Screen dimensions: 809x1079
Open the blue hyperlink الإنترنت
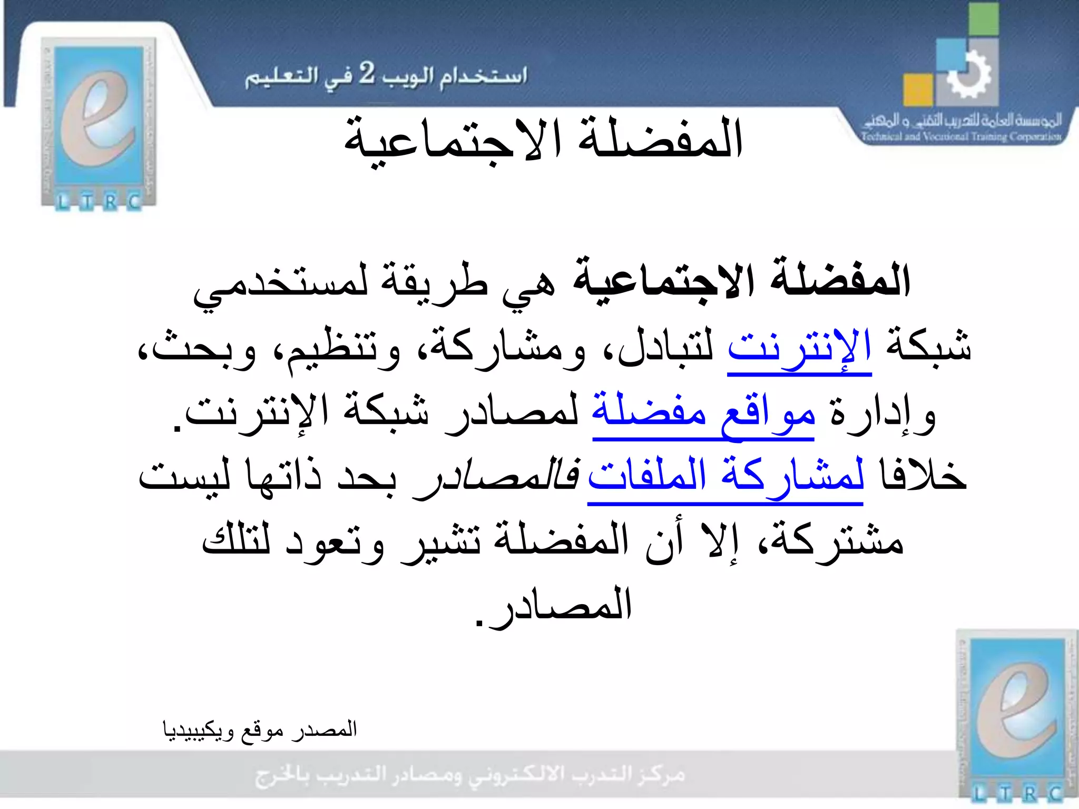(799, 347)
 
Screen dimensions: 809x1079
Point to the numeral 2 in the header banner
(367, 73)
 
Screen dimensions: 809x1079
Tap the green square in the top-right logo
(983, 19)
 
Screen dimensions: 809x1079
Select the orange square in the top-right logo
(918, 90)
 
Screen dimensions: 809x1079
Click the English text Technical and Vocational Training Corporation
(961, 136)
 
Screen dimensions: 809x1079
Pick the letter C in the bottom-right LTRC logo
(1055, 793)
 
